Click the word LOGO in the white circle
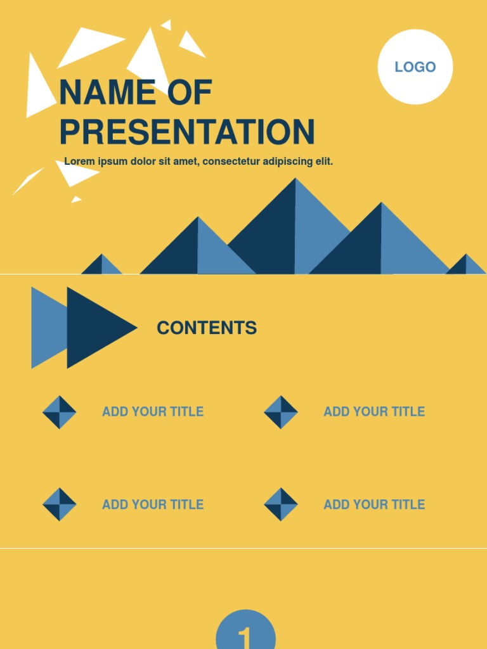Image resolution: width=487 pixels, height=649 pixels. point(415,67)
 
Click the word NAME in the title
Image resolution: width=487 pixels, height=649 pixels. point(107,93)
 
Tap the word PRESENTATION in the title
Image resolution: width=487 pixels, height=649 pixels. point(187,132)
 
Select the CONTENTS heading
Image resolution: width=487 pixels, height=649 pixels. point(207,328)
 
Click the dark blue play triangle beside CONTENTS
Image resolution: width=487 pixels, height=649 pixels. point(95,328)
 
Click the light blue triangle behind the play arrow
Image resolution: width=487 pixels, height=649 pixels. point(47,328)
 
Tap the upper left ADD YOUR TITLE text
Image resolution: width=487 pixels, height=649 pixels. point(153,412)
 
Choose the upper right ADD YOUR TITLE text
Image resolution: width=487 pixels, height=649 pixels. point(374,412)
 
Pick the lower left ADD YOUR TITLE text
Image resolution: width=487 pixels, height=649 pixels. point(153,505)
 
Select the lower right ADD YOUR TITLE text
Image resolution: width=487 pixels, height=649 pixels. point(374,505)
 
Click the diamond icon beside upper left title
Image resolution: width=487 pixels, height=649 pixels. point(60,412)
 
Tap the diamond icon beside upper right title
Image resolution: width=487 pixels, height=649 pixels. point(281,412)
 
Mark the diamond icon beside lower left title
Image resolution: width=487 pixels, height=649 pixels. point(60,504)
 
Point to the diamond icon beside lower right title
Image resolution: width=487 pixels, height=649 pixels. point(281,504)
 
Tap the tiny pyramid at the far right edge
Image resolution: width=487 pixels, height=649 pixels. point(466,265)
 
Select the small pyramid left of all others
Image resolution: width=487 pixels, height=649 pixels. point(102,266)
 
